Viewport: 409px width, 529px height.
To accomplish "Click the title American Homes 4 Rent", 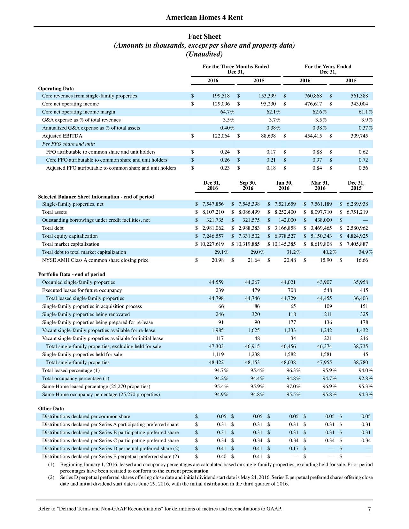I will [x=204, y=18].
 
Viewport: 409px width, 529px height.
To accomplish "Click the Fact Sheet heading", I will [x=204, y=36].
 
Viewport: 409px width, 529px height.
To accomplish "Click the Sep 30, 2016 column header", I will [x=248, y=186].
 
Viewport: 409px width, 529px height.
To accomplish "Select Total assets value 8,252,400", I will [x=285, y=212].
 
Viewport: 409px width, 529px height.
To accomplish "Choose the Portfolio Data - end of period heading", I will [x=72, y=274].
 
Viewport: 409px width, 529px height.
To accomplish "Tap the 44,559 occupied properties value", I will [x=216, y=282].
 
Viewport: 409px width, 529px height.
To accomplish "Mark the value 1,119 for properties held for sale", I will [x=218, y=354].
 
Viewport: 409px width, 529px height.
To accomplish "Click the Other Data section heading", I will [x=51, y=409].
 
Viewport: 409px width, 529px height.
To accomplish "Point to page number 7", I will [x=369, y=509].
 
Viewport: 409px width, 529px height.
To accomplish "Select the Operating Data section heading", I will [x=56, y=88].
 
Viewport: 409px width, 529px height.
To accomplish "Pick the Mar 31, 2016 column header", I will [x=320, y=186].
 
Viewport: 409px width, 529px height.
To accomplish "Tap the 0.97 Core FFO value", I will [x=317, y=160].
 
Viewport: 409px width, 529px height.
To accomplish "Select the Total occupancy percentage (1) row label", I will [x=75, y=379].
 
